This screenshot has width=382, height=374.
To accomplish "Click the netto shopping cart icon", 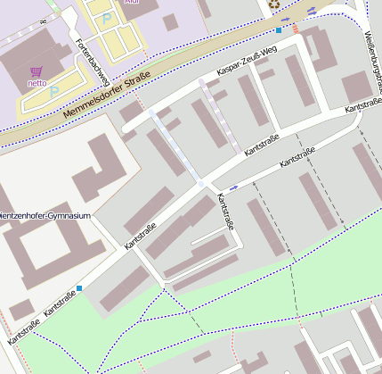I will [37, 71].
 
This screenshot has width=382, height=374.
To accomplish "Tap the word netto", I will [37, 85].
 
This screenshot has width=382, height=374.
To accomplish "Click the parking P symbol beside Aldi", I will [107, 18].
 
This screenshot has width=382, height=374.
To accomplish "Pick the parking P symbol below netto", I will [54, 91].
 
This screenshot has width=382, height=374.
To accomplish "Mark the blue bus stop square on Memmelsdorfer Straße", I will [279, 30].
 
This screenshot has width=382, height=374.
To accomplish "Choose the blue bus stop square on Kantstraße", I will [80, 287].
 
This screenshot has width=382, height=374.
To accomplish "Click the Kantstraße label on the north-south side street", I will [226, 212].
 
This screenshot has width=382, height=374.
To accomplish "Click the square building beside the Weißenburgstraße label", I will [357, 87].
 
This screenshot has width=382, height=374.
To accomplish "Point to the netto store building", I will [27, 62].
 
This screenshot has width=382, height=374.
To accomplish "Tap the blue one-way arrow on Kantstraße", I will [233, 187].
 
